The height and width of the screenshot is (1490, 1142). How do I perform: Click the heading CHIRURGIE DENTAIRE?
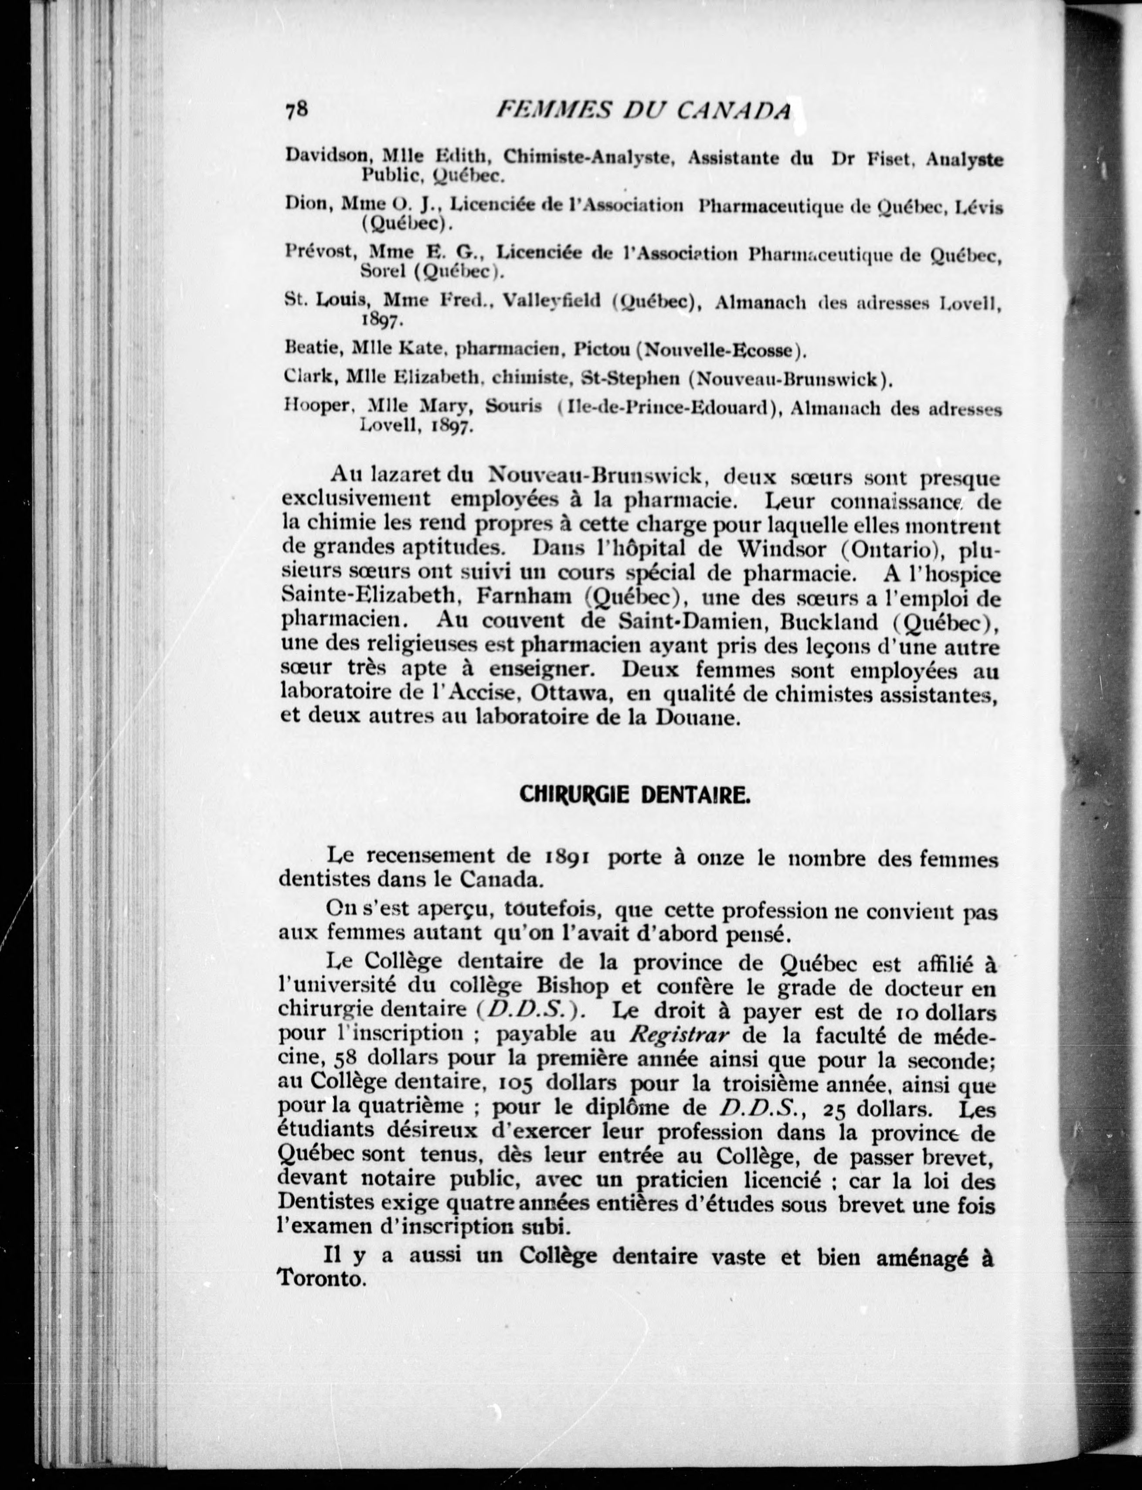tap(635, 793)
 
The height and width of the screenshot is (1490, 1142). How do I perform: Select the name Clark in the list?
tap(309, 377)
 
